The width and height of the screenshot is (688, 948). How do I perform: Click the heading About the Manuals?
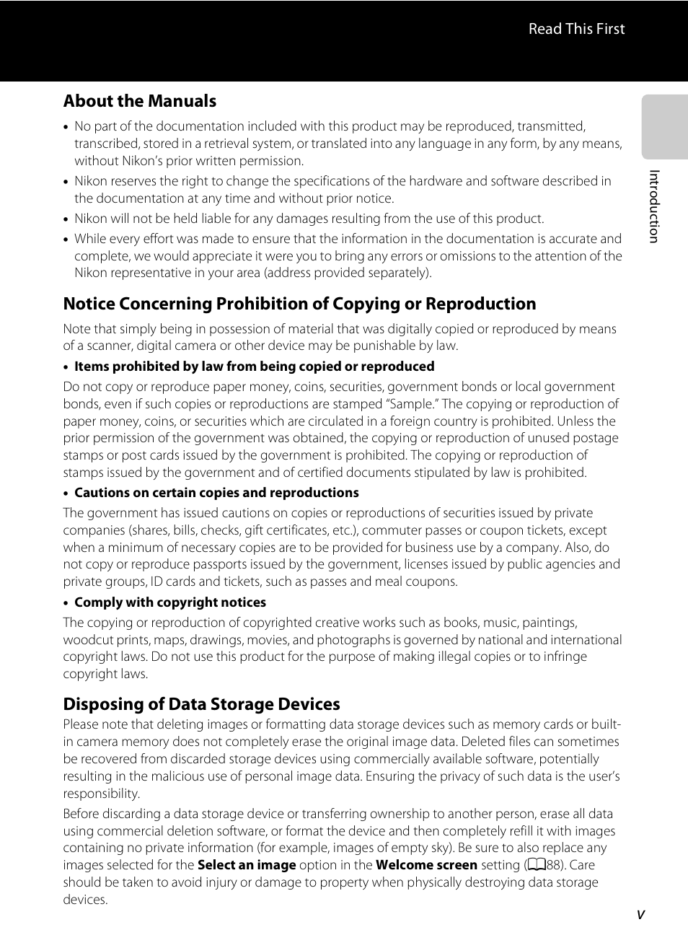139,101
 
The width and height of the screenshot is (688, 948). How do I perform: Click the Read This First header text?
576,29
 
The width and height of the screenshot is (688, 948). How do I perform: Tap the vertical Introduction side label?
654,206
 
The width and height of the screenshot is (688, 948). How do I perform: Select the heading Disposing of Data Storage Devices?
201,704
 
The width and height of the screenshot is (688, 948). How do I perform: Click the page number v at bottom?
640,915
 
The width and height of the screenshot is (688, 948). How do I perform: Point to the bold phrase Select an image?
247,865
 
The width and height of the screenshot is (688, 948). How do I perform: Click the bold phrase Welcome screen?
426,865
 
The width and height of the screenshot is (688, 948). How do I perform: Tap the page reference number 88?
553,865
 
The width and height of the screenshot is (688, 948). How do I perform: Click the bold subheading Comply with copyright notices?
170,602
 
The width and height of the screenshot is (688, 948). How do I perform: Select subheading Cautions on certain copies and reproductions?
216,493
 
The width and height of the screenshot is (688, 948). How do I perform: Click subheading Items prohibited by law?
254,367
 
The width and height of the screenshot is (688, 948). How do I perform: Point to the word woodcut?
87,640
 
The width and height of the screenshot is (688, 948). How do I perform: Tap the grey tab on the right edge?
664,127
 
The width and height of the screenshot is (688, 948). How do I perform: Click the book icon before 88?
536,865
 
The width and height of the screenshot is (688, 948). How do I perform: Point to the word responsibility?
100,794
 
